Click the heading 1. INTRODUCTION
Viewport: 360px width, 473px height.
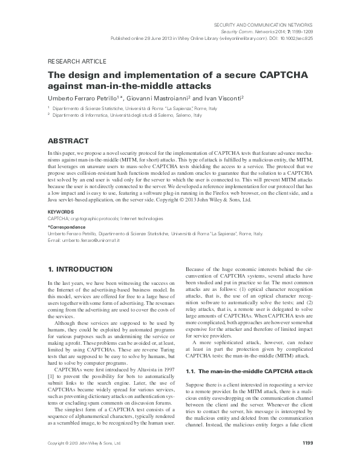[x=79, y=268]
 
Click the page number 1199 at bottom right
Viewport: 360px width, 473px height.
[x=306, y=461]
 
